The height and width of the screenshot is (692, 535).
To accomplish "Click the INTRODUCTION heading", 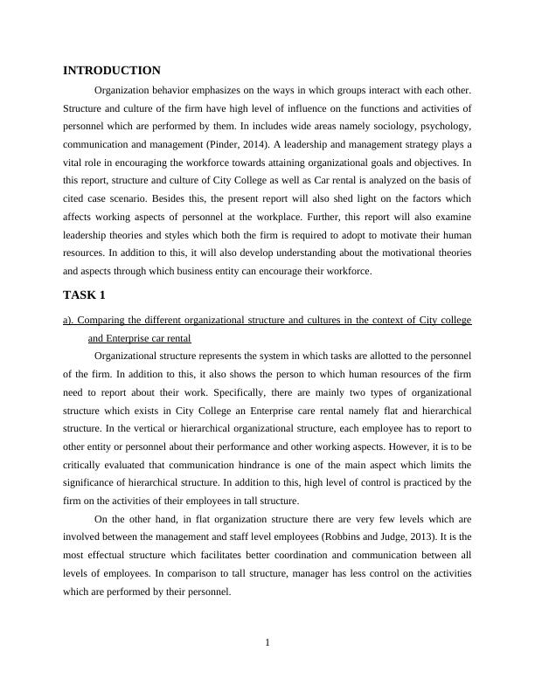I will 112,70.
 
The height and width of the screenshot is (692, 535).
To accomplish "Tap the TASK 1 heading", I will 84,294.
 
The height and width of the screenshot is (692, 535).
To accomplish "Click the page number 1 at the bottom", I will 267,643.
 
